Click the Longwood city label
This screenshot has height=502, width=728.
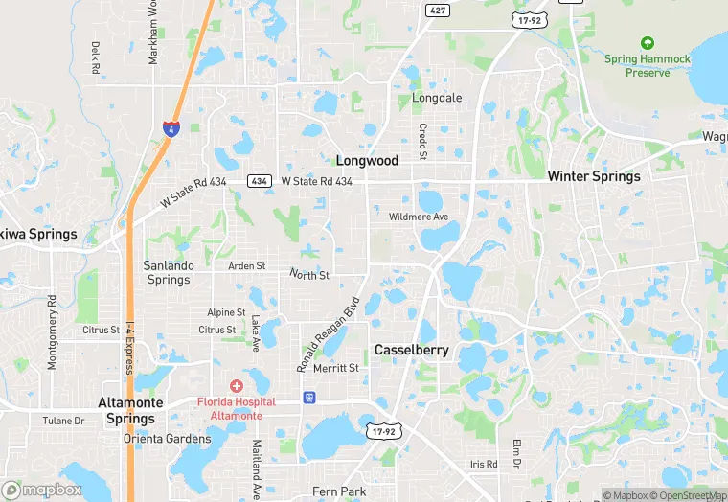point(367,161)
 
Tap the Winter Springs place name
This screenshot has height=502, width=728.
point(593,176)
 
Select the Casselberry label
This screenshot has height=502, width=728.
point(411,350)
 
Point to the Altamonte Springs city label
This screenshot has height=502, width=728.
point(130,411)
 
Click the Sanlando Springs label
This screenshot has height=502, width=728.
point(169,272)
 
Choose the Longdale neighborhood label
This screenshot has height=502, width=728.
point(437,98)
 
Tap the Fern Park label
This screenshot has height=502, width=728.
point(339,491)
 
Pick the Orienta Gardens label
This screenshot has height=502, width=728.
point(167,439)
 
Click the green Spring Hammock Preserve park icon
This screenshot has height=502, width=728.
point(647,43)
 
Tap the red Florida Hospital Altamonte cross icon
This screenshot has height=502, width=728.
point(237,385)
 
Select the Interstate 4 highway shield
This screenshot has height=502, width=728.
point(170,128)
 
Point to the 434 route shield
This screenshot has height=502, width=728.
point(259,181)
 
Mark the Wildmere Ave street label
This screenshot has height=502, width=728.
point(419,217)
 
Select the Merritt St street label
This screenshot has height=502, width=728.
point(335,368)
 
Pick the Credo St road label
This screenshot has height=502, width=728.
point(421,141)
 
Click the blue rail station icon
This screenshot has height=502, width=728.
point(308,397)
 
